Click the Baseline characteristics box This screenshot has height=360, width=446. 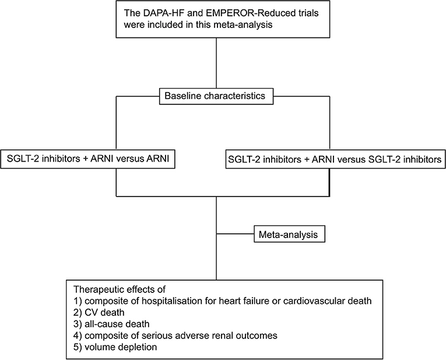point(216,96)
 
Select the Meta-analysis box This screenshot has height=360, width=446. point(289,234)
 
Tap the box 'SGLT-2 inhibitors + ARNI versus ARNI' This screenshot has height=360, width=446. point(87,159)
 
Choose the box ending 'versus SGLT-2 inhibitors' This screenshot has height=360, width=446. point(336,159)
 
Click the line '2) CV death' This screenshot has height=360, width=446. point(99,313)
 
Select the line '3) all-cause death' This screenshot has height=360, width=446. point(111,324)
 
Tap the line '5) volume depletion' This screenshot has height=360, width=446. point(115,347)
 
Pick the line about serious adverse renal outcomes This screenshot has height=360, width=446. point(175,336)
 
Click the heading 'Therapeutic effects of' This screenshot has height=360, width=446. point(120,289)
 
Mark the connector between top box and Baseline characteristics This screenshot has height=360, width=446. point(216,63)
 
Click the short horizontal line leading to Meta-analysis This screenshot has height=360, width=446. point(235,234)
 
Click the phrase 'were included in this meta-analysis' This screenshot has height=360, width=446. point(198,25)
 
